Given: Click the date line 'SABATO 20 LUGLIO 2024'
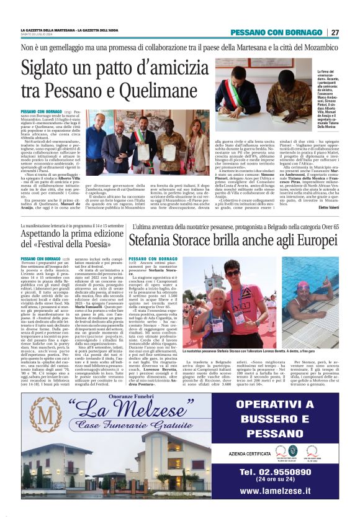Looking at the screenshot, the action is pos(39,35).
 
